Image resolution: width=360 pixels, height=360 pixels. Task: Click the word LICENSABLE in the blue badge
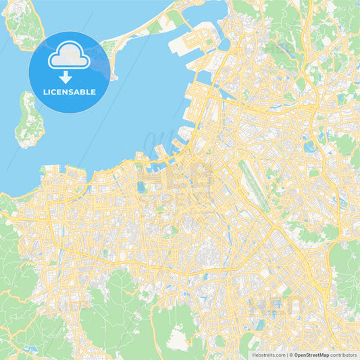click(70, 91)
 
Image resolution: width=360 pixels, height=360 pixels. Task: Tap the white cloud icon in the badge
click(70, 57)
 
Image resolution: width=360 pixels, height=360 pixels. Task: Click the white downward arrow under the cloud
click(66, 76)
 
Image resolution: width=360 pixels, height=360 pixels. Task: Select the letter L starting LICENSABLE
click(45, 91)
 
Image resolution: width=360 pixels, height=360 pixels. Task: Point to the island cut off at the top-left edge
click(24, 27)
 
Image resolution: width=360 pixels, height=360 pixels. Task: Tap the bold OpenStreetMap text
click(312, 354)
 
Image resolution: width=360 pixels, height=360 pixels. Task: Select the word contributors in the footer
click(344, 354)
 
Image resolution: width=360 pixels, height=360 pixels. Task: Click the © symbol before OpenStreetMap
click(291, 354)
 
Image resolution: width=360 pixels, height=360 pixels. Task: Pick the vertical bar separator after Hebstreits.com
click(286, 354)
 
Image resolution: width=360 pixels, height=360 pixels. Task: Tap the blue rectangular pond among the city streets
click(142, 187)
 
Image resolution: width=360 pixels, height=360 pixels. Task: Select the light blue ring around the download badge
click(70, 33)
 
